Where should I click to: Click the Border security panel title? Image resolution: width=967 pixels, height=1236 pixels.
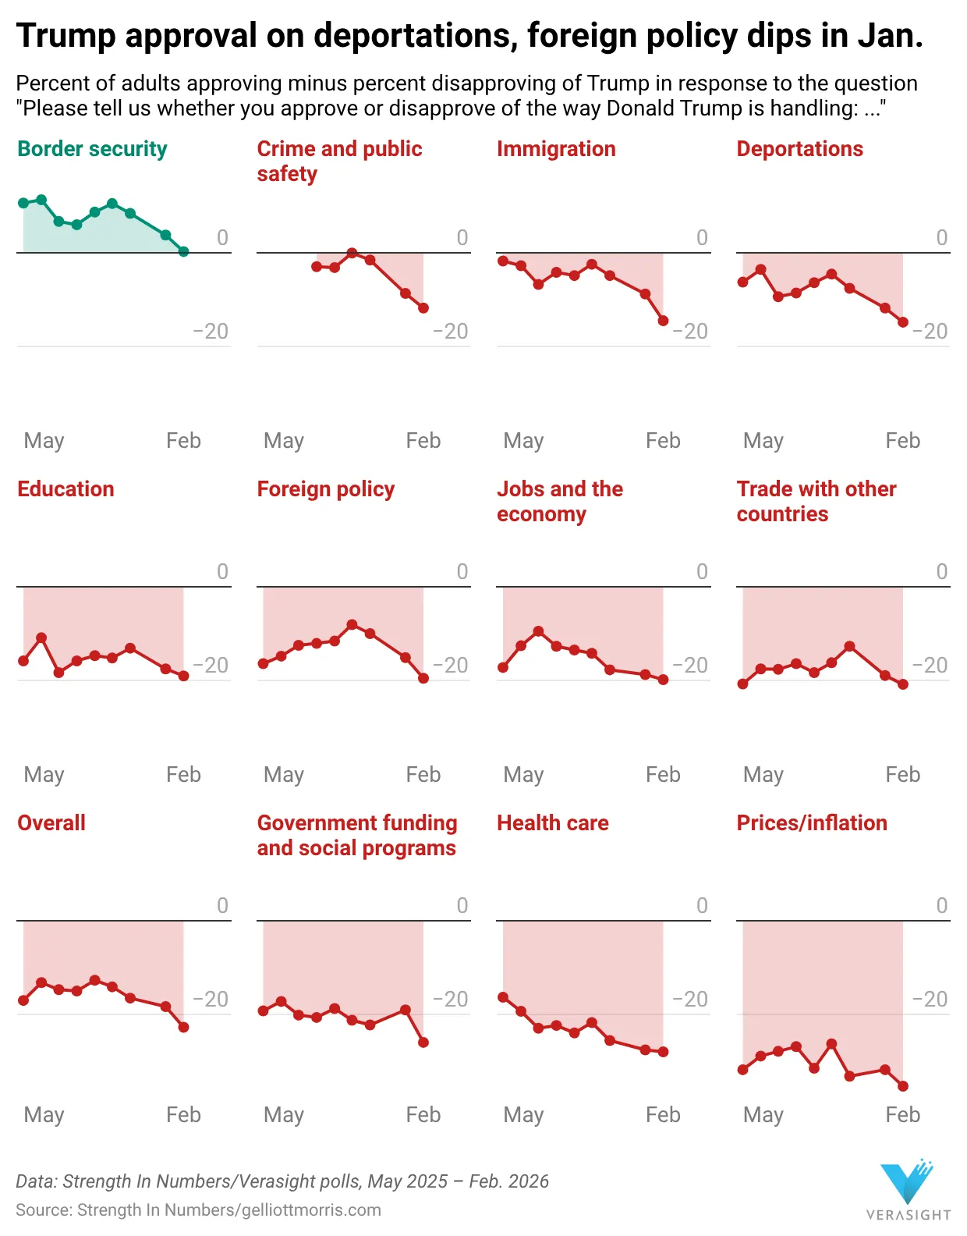(92, 149)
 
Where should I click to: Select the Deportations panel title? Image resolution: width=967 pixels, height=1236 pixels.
(799, 149)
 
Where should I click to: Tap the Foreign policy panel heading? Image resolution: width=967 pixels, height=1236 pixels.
(325, 489)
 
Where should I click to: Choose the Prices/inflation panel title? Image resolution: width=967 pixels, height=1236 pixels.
(811, 823)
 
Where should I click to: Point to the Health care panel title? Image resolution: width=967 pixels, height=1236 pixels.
(552, 823)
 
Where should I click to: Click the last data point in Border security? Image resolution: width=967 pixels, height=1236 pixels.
(183, 251)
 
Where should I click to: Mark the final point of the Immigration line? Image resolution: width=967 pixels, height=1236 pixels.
(663, 321)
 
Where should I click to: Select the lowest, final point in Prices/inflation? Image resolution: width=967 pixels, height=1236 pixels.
(903, 1086)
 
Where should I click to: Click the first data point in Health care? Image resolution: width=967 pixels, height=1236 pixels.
(503, 997)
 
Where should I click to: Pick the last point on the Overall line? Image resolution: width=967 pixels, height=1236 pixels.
(183, 1028)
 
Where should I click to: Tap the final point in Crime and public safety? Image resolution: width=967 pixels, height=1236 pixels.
(423, 308)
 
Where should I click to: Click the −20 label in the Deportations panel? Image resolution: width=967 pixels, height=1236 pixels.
(930, 332)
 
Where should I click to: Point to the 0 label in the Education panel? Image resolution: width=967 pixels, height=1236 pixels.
(222, 572)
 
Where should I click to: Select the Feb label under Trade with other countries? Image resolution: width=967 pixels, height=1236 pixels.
(902, 775)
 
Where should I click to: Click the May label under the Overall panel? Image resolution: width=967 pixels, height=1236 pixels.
(44, 1115)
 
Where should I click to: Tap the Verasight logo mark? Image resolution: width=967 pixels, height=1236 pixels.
(906, 1182)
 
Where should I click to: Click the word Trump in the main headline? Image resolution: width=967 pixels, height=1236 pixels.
(66, 36)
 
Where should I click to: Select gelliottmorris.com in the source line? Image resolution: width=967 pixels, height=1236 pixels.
(311, 1210)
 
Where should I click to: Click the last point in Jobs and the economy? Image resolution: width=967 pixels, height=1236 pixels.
(663, 680)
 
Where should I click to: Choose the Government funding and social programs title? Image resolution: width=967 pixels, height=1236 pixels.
(356, 836)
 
